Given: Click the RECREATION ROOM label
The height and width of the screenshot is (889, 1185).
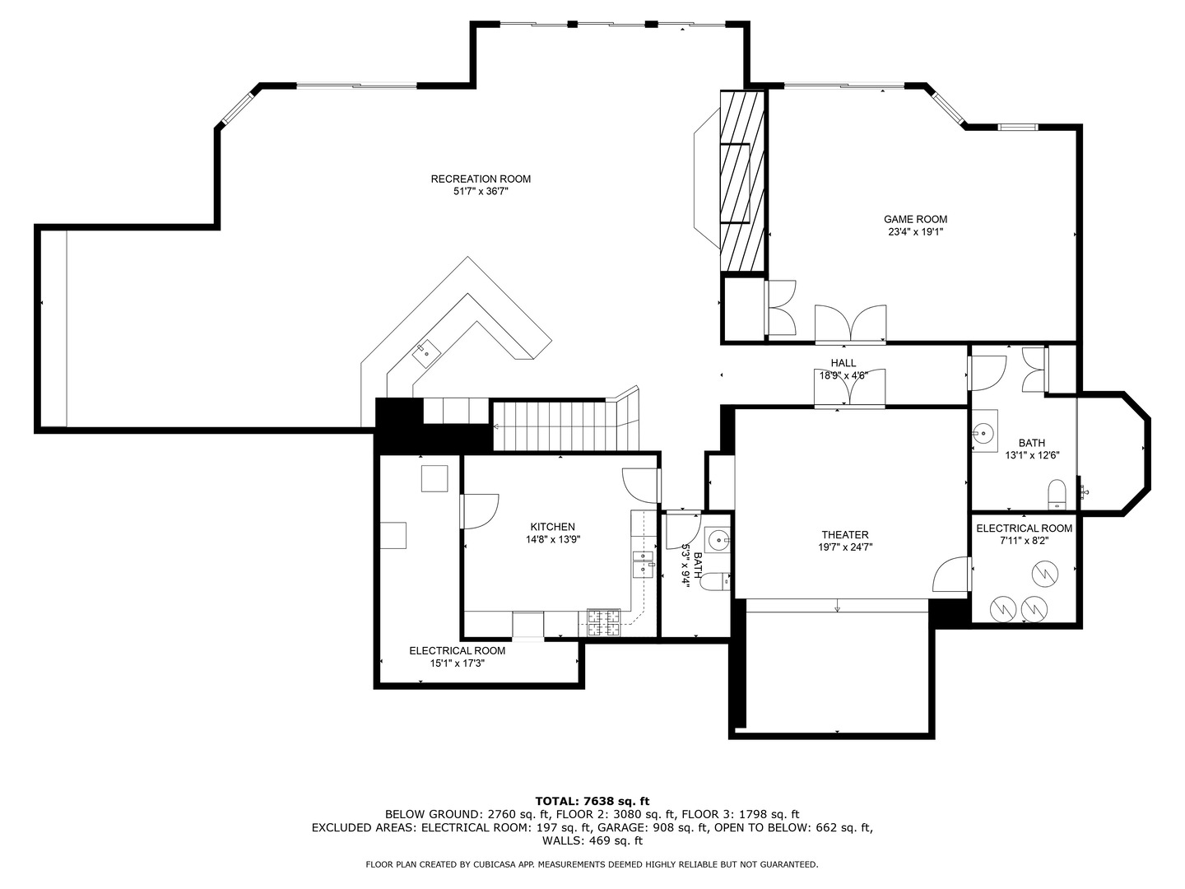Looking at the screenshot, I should coord(481,179).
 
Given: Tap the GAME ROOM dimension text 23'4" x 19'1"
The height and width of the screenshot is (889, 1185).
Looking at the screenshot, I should coord(915,232).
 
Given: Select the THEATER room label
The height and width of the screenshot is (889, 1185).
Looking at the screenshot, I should coord(844,535).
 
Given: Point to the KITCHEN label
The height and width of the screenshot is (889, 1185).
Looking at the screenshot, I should coord(552,527).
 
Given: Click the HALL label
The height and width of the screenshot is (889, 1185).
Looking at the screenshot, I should coord(843,363).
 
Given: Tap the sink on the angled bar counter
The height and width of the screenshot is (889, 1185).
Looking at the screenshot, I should coord(426,352).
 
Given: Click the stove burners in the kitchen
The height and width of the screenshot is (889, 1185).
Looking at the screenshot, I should coord(603,622).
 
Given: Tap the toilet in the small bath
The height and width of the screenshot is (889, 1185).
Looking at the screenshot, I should coord(713,581).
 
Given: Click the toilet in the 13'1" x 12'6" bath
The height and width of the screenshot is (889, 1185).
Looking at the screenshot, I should coord(1056,494).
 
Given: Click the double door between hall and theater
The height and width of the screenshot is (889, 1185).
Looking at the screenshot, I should coord(850,390).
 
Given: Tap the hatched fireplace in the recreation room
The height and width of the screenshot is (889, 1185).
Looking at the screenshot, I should coord(742,180).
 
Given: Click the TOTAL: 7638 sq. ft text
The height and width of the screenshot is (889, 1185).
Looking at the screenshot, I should coord(592,800).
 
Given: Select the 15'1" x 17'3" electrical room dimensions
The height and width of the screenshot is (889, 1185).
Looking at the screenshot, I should coord(457,663).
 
